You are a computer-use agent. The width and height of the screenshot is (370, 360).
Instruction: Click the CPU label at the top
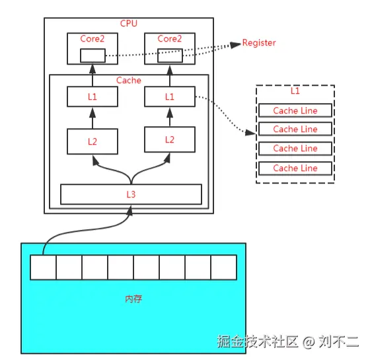click(128, 24)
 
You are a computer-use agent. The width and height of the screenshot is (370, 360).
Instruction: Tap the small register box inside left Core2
click(92, 55)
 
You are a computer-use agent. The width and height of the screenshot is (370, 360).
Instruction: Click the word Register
click(259, 43)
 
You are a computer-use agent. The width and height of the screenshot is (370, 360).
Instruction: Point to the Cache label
click(128, 81)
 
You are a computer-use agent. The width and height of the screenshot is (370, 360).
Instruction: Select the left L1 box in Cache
click(92, 97)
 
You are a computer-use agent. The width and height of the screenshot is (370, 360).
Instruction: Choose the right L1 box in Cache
click(170, 97)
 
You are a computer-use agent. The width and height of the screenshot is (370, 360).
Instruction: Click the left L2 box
click(92, 141)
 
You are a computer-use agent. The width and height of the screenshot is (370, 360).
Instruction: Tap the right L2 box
click(170, 139)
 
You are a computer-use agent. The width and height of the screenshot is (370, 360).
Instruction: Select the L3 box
click(131, 194)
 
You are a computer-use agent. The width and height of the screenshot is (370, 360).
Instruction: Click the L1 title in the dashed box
click(295, 91)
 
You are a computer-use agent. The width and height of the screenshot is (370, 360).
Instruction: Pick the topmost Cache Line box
click(295, 110)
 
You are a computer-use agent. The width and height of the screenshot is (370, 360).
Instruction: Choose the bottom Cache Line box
click(295, 168)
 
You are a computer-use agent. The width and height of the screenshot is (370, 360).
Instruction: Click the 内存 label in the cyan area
click(133, 299)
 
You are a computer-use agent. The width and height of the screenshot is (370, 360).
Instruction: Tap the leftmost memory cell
click(43, 268)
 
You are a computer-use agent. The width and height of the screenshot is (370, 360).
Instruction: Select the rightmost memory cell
click(223, 268)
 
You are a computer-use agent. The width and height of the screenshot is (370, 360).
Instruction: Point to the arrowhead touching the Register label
click(235, 44)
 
